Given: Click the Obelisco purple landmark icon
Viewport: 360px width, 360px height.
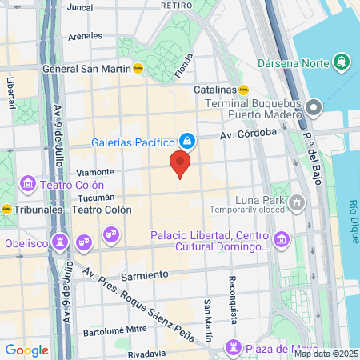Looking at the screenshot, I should tap(59, 241).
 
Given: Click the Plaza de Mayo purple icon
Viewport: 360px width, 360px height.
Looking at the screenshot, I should tap(233, 346).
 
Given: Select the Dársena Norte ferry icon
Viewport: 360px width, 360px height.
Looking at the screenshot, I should tap(342, 62).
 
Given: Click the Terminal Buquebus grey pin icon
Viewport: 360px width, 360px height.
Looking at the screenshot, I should tap(314, 106).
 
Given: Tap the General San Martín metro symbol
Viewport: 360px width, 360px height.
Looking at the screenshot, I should tap(138, 69).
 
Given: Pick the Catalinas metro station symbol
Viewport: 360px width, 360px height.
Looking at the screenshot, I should tap(243, 90).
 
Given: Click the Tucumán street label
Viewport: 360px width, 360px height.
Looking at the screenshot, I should tap(97, 198).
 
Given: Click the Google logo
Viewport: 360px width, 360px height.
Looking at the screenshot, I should tap(26, 350).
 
